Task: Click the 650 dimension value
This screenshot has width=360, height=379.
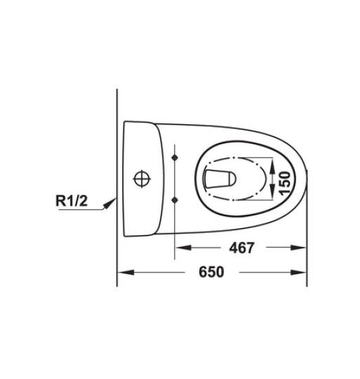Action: click(211, 272)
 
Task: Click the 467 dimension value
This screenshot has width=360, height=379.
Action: click(242, 248)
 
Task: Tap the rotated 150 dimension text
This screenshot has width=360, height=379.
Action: click(284, 182)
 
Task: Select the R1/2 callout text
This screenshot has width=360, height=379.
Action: click(72, 201)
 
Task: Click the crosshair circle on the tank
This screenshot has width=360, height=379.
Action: click(142, 179)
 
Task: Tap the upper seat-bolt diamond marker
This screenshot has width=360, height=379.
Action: click(175, 158)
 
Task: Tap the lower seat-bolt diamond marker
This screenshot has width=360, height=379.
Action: click(175, 200)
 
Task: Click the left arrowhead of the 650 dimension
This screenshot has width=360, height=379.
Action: click(126, 272)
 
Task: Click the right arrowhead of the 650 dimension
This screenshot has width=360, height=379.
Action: click(298, 272)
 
